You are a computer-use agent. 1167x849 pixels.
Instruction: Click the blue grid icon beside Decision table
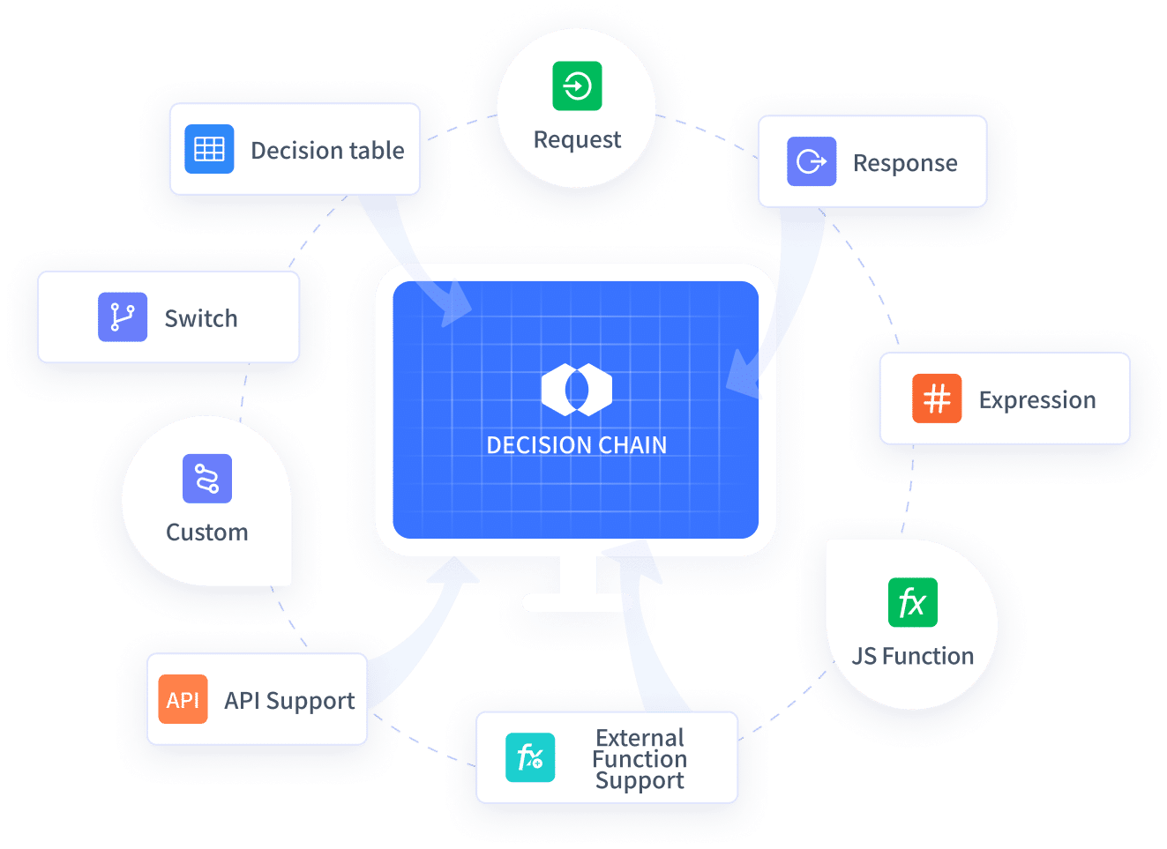209,149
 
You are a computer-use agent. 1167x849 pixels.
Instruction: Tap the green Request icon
577,86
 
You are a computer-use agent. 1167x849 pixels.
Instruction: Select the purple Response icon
812,161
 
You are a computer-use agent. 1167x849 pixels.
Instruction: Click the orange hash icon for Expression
937,398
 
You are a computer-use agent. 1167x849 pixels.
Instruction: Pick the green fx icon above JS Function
912,603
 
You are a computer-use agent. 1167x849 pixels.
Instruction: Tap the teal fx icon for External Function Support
530,757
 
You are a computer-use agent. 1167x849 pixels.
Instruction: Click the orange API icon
183,699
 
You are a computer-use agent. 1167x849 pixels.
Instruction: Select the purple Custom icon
207,479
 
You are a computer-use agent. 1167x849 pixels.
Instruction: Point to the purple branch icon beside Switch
123,317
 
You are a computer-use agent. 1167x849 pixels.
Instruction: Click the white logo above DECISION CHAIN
577,389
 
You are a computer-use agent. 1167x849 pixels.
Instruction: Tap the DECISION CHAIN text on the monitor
577,445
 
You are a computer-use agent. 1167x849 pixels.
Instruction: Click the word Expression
1037,400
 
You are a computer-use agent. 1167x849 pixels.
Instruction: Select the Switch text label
201,318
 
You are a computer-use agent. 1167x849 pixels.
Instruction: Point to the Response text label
905,163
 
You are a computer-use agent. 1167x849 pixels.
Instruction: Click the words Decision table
327,151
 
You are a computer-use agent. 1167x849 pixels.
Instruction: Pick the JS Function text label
913,656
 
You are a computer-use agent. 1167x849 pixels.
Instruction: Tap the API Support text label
289,701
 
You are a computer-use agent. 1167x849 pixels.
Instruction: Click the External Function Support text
640,759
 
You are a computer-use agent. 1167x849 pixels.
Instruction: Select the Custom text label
207,532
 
